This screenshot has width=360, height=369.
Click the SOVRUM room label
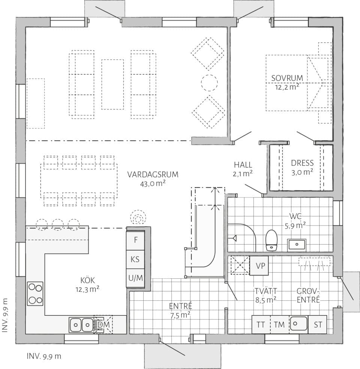pyautogui.click(x=287, y=78)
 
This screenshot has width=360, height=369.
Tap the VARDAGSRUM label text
pyautogui.click(x=152, y=174)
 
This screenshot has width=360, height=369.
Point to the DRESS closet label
pyautogui.click(x=302, y=163)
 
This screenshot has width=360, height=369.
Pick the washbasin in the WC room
pyautogui.click(x=297, y=245)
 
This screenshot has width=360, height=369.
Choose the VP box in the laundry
pyautogui.click(x=259, y=266)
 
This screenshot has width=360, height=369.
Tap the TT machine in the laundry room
pyautogui.click(x=261, y=324)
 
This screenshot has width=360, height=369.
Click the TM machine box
pyautogui.click(x=279, y=324)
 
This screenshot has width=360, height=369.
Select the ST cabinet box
pyautogui.click(x=318, y=324)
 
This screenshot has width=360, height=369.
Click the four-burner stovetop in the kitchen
pyautogui.click(x=35, y=294)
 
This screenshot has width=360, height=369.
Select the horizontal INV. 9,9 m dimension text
pyautogui.click(x=43, y=356)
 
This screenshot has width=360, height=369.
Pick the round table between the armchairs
pyautogui.click(x=209, y=82)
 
